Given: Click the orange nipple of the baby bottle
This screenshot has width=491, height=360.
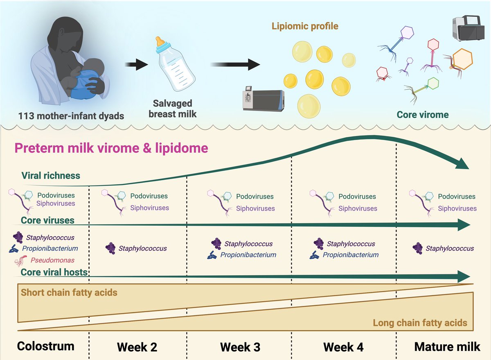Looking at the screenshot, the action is (x=160, y=41).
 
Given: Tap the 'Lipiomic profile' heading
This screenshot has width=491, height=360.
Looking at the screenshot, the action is (x=305, y=26).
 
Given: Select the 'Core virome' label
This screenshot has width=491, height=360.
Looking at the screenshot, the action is (x=423, y=115).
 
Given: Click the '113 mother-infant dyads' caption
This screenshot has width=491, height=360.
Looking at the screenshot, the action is (x=71, y=116).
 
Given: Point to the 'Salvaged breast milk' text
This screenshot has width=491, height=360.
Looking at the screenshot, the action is (x=173, y=109).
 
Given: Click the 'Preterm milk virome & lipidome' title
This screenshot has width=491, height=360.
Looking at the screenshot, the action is (x=111, y=148).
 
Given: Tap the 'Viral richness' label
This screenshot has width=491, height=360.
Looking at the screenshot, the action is (x=51, y=176).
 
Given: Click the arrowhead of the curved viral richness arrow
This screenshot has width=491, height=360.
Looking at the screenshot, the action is (x=462, y=163).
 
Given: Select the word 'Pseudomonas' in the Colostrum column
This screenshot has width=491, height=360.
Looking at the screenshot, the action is (x=52, y=260).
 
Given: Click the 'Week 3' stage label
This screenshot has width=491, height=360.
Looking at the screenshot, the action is (x=240, y=347).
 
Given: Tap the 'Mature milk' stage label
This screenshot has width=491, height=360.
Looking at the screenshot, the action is (x=447, y=347).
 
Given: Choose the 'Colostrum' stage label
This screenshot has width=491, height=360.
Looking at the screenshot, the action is (x=45, y=346).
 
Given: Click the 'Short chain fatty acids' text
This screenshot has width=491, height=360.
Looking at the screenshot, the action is (x=69, y=292).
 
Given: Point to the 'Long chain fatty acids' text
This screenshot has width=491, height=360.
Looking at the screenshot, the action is (x=420, y=323).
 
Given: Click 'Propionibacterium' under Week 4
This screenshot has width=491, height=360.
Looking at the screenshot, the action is (x=351, y=255).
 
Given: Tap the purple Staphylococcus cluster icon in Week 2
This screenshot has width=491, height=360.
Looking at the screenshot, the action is (x=110, y=248).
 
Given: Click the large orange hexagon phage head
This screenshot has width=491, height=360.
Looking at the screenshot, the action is (x=462, y=59).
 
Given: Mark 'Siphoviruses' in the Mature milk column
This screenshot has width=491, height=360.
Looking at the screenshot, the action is (x=457, y=208).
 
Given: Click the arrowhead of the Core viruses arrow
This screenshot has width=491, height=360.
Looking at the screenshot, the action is (x=464, y=225).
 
